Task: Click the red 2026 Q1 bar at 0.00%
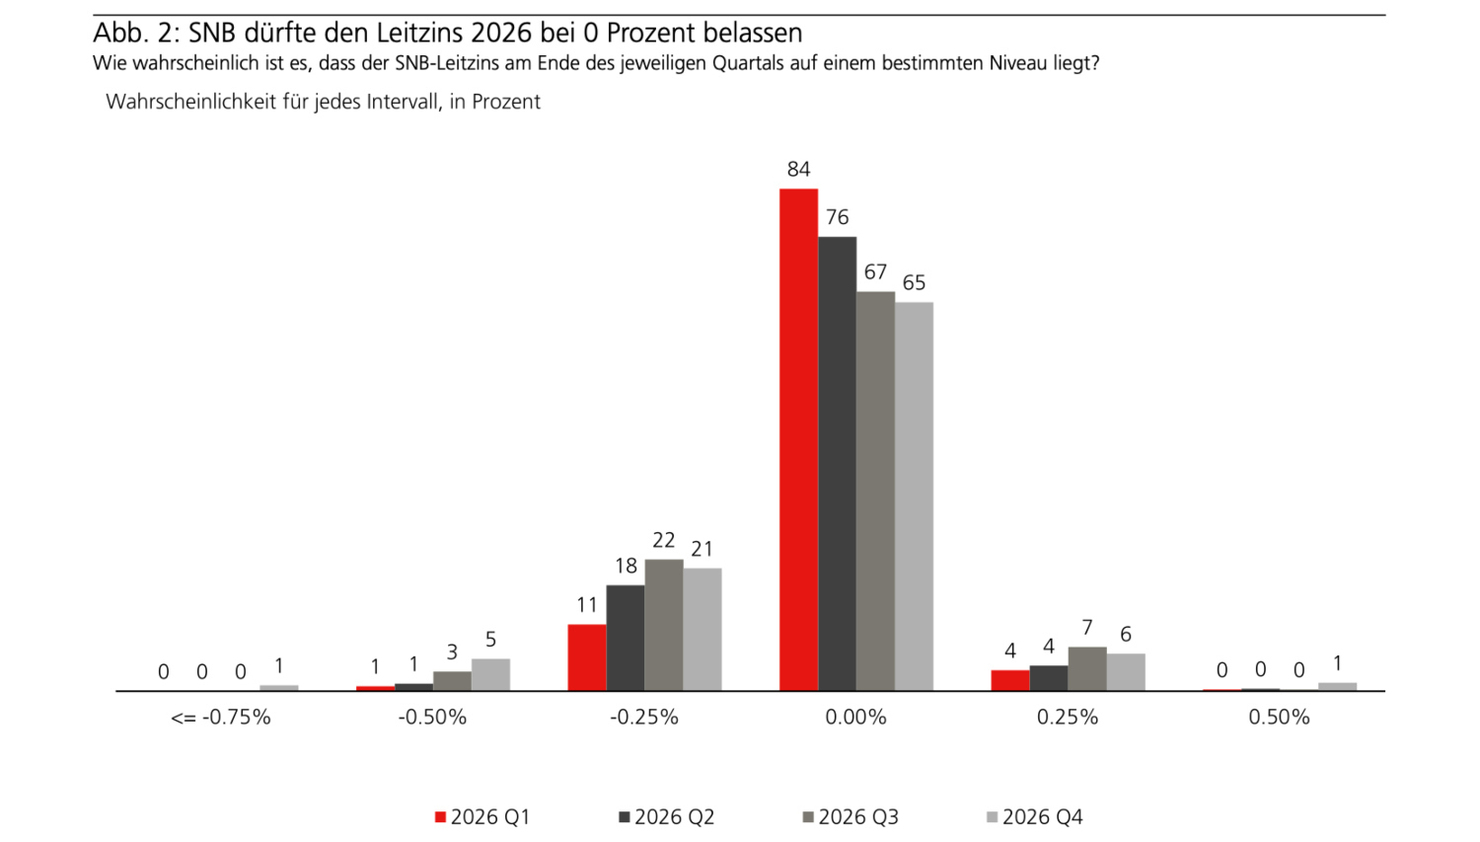click(798, 439)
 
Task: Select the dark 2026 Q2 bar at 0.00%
click(837, 463)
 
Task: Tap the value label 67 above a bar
click(875, 271)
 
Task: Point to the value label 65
click(914, 283)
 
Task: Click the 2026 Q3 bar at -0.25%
click(664, 625)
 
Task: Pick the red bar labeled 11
click(587, 657)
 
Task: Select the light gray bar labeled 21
click(703, 629)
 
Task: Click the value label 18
click(626, 566)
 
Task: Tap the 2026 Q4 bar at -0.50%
click(490, 674)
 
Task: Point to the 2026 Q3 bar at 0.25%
click(1087, 668)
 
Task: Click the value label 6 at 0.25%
click(1125, 635)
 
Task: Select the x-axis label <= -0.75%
click(220, 718)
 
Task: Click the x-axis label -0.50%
click(432, 718)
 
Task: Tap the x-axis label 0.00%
click(855, 718)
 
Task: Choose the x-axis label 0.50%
click(1279, 718)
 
